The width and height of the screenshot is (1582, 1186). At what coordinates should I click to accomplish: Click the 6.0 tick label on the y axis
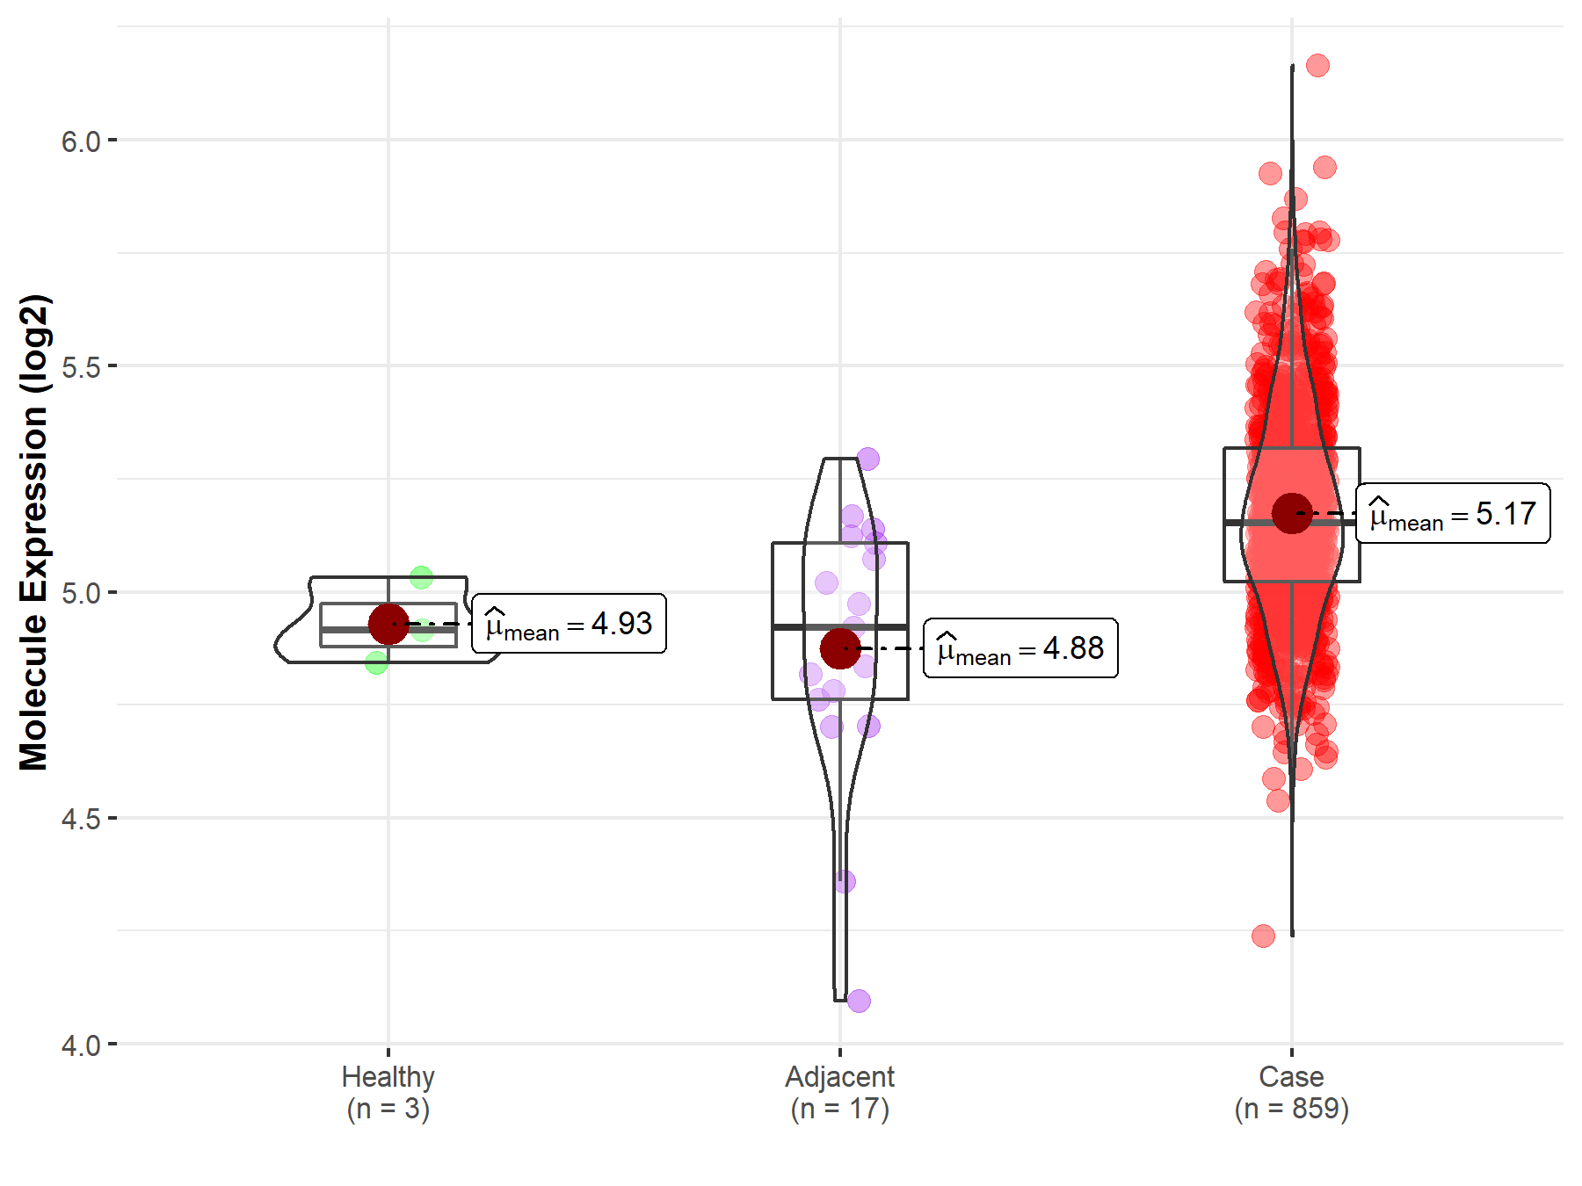81,141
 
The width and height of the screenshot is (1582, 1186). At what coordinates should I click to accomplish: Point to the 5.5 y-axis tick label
81,367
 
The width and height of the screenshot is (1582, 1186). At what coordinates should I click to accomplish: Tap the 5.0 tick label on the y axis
81,593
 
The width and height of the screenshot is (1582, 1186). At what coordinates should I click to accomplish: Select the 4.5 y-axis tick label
81,820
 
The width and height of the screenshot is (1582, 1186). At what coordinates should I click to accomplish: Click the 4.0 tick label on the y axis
81,1045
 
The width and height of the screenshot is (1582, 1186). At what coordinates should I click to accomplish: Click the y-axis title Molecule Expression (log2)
33,532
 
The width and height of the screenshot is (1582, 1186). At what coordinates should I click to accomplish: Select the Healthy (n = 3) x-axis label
388,1092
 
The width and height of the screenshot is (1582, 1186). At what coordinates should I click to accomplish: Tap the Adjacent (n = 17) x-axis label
840,1092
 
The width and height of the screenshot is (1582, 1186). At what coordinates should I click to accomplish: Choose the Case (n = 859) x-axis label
1291,1092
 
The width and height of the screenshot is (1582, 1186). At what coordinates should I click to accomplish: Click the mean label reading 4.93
570,624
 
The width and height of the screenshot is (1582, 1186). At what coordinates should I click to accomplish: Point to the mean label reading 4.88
1020,648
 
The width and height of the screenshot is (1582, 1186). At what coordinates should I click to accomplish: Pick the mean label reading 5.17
1453,513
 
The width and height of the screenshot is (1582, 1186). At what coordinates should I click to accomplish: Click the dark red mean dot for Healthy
388,624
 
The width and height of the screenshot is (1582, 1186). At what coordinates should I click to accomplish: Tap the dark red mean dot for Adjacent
840,648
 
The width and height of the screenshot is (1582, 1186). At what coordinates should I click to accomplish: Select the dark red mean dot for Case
1292,513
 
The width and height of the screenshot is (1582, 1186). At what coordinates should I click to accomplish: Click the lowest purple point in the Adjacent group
859,1001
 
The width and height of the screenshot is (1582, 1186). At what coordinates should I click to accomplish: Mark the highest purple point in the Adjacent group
868,459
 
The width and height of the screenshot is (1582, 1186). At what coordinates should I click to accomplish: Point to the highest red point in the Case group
1317,65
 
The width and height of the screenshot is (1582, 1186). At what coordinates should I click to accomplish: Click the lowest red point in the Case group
1263,936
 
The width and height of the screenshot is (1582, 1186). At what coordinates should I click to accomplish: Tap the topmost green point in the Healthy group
422,577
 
